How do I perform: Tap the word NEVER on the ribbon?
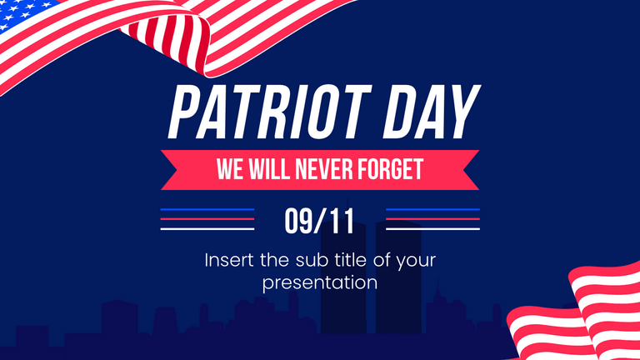[327, 170]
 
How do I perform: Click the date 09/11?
[319, 221]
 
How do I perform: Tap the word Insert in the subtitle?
[230, 260]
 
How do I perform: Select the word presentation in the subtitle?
[320, 282]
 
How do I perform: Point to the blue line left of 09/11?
[207, 210]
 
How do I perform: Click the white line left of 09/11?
[207, 228]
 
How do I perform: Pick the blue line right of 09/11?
[433, 210]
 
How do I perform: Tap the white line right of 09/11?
[433, 228]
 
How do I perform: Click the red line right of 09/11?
[433, 219]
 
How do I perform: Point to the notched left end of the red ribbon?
[171, 170]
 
